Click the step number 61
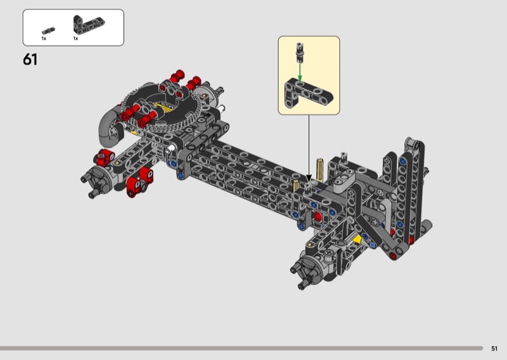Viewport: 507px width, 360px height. click(30, 60)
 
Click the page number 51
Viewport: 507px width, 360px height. click(494, 349)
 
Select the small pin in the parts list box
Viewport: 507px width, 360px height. click(49, 30)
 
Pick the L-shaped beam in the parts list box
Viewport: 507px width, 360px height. click(88, 24)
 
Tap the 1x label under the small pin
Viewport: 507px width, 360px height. click(44, 39)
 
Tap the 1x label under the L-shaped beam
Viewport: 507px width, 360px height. click(75, 39)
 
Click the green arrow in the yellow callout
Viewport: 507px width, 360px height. click(300, 72)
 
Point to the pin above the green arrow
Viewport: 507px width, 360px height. click(300, 52)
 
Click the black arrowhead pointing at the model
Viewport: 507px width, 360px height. click(309, 178)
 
